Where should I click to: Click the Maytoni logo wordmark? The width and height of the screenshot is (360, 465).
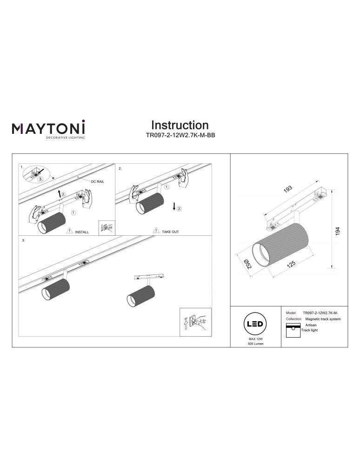click(48, 128)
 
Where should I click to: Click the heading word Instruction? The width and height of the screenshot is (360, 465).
click(180, 125)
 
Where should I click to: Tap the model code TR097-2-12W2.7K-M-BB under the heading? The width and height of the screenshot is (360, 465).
click(180, 136)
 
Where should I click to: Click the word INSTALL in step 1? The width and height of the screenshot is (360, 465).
click(82, 231)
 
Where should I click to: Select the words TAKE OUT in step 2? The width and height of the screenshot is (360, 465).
click(170, 231)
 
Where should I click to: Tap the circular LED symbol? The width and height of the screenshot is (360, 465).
click(255, 324)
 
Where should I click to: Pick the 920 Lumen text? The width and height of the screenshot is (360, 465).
click(255, 350)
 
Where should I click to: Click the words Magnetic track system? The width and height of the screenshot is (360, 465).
click(322, 319)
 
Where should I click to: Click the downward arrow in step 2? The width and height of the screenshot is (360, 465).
click(174, 206)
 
